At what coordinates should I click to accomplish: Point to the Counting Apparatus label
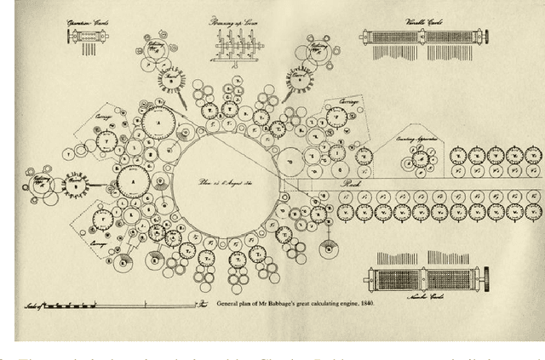pos(416,138)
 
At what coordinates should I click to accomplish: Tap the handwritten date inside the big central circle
pos(216,181)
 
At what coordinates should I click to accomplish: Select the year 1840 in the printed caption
pos(364,303)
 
